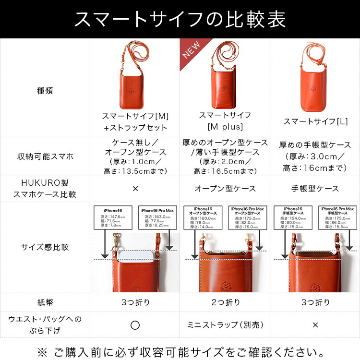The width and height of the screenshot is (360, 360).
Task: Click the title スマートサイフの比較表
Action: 180,19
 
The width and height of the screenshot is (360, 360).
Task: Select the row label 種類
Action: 45,90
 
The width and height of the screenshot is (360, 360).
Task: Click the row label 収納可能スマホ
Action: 45,156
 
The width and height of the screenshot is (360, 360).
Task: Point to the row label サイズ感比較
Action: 45,247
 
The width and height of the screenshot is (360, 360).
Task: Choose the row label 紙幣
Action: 45,302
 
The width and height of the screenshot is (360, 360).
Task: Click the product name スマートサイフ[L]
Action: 315,121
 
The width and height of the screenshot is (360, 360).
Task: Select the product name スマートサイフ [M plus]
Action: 225,121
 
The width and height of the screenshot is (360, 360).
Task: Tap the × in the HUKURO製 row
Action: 135,189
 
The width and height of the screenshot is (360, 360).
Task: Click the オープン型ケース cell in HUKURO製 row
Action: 225,189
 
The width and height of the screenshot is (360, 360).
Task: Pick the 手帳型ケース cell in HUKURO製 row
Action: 315,189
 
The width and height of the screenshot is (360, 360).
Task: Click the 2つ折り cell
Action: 225,302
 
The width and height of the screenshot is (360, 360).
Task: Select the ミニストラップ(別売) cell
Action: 225,325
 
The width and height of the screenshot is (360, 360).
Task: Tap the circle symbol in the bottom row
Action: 135,325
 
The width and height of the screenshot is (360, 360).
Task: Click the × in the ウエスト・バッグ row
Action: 315,325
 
